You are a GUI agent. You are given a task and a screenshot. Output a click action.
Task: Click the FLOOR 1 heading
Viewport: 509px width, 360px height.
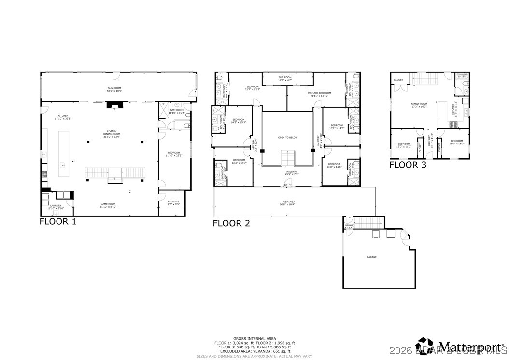coord(57,222)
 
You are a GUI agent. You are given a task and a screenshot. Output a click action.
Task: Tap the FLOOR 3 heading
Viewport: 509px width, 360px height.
coord(408,165)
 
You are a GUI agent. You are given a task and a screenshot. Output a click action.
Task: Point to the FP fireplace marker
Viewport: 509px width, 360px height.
coord(114,110)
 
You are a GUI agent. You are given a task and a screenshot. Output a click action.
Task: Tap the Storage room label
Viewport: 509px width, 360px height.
coord(173,202)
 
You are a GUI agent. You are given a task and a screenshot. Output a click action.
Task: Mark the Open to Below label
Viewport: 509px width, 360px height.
coord(288,138)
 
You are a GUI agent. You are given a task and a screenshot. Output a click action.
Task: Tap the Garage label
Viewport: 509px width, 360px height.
coord(371,257)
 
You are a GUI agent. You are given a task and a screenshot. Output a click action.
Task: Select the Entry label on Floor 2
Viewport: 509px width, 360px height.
coord(288,185)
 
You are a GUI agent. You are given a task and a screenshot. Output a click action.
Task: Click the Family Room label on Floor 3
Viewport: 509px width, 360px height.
coord(419,105)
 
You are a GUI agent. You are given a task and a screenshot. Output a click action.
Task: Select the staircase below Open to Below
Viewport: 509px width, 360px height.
coord(287,158)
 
